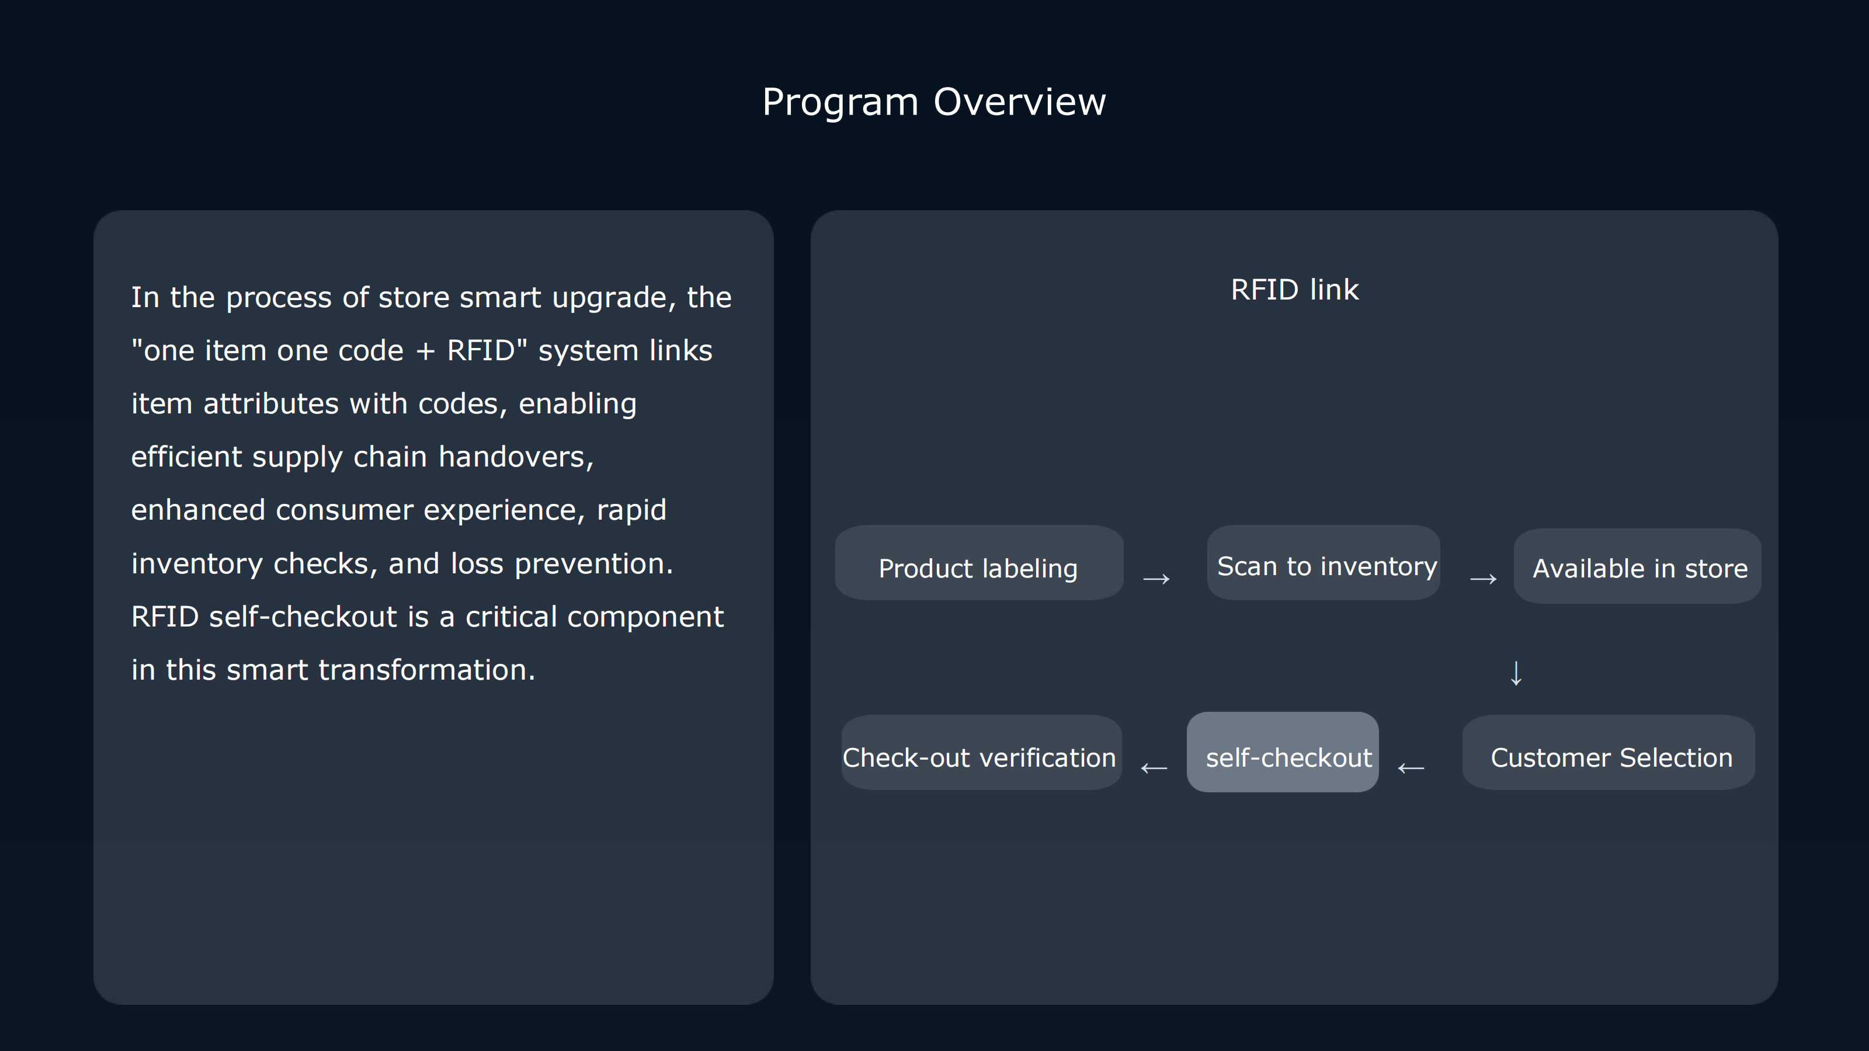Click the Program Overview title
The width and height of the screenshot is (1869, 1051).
(x=934, y=102)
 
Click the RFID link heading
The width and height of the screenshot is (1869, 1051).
(x=1294, y=290)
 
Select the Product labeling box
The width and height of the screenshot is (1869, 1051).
(x=979, y=562)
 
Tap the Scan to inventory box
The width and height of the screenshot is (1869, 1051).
(x=1323, y=562)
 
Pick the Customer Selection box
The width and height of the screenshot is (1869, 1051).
(x=1609, y=752)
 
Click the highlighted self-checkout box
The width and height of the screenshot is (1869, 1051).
(x=1283, y=751)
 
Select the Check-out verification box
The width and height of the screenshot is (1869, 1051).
(x=982, y=752)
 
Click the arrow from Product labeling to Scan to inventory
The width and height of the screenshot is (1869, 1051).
(x=1156, y=579)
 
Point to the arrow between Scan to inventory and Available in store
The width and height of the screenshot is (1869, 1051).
(x=1483, y=579)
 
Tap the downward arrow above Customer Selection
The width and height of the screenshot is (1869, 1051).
(x=1516, y=673)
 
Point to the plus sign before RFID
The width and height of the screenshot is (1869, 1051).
(x=425, y=352)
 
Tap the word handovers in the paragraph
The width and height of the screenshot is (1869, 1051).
(x=516, y=457)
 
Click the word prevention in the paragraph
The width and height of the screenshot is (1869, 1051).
(x=593, y=564)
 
